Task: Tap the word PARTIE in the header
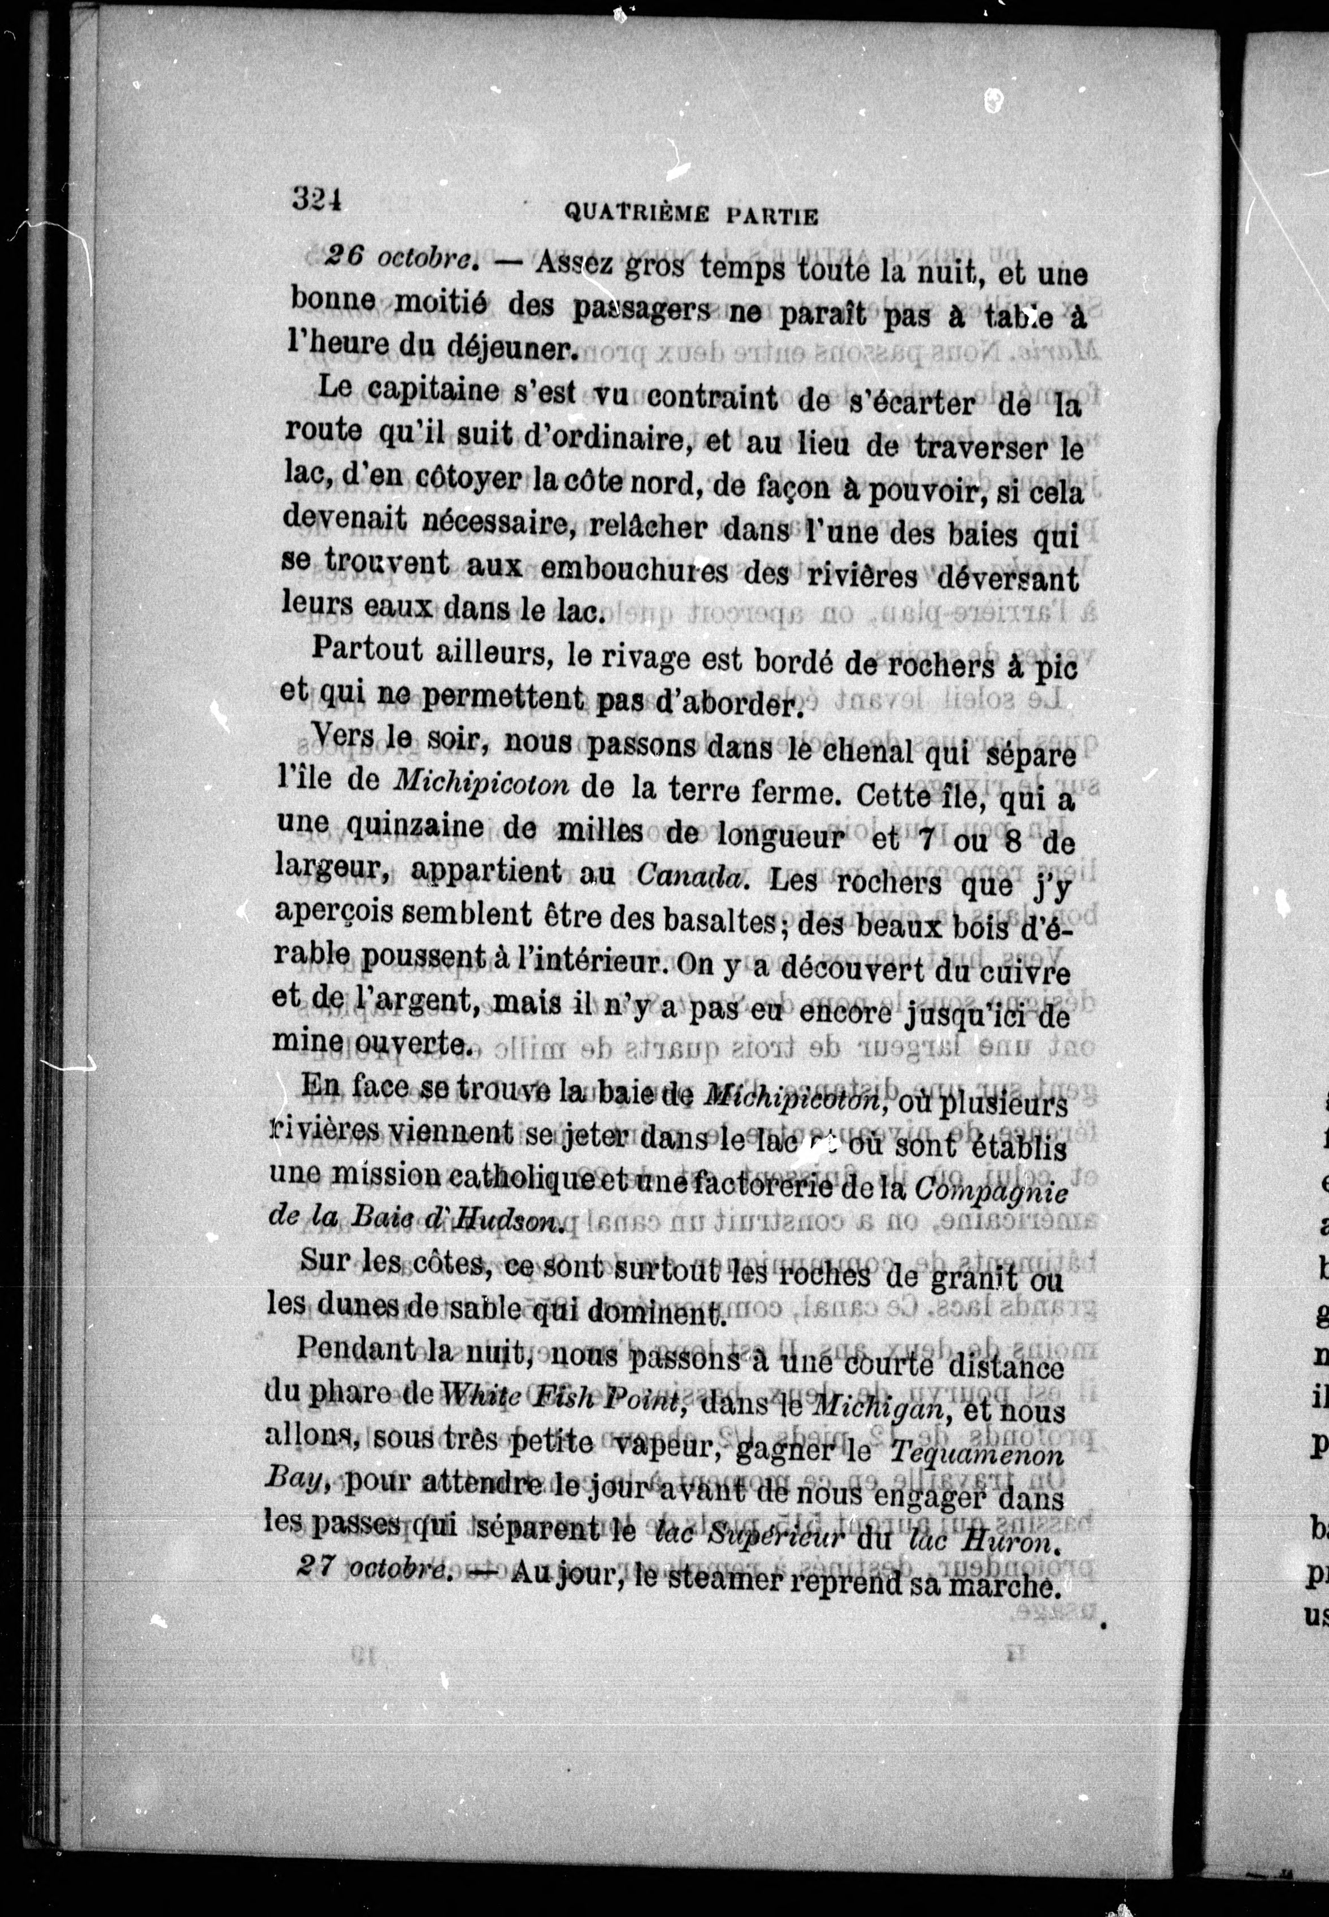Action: click(773, 216)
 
